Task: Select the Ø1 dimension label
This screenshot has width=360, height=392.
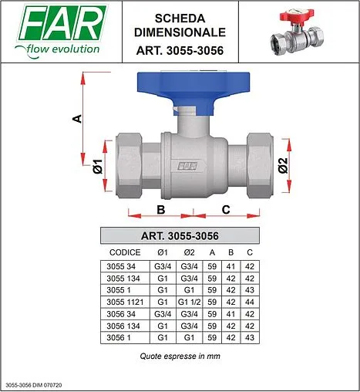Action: coord(96,165)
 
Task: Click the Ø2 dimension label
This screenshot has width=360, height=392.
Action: coord(282,165)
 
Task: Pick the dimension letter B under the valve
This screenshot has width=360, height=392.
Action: coord(160,209)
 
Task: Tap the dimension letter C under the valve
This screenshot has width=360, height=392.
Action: coord(226,209)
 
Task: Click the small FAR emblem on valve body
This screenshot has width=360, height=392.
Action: coord(186,164)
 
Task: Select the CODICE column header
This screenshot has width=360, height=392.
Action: coord(125,252)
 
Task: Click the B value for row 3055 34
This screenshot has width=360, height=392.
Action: coord(230,265)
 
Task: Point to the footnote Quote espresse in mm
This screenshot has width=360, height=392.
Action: coord(180,357)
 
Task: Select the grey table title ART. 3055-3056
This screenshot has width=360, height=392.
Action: coord(180,235)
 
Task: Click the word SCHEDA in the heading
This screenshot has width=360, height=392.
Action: coord(180,17)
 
